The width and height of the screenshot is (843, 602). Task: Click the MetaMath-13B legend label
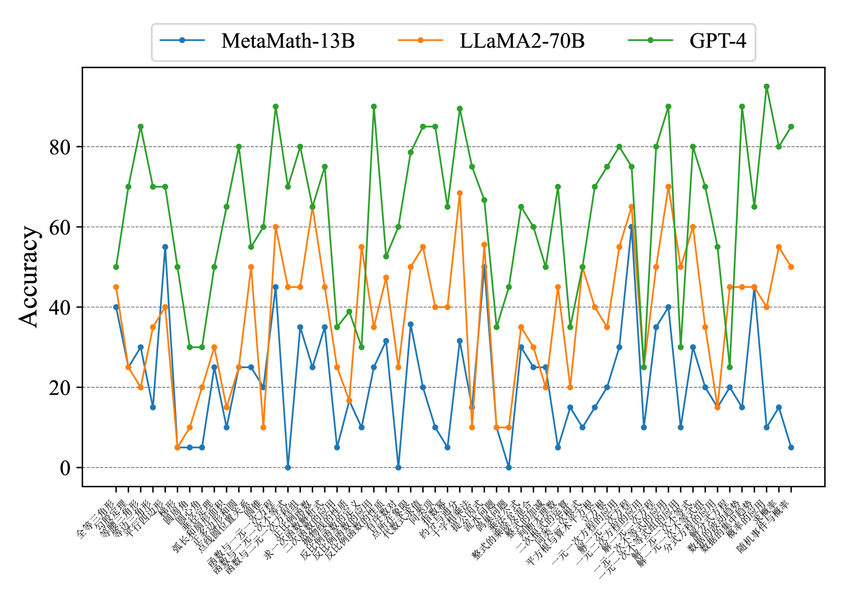coord(288,41)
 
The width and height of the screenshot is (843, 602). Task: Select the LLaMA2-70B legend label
coord(522,41)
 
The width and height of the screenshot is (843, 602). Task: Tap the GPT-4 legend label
coord(718,41)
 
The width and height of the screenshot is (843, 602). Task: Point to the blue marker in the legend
coord(182,41)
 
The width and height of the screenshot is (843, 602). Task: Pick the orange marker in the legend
coord(421,41)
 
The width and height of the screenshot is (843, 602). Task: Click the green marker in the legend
coord(651,41)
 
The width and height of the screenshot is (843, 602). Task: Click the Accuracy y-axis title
coord(28,276)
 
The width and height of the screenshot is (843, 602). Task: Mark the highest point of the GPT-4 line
coord(766,87)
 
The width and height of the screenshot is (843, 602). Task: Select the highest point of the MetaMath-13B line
coord(631,227)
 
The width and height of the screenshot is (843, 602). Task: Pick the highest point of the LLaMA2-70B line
coord(668,187)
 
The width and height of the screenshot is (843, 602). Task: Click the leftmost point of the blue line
coord(116,307)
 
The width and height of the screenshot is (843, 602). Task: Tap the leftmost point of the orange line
coord(116,287)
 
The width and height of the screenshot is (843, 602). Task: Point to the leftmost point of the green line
coord(116,267)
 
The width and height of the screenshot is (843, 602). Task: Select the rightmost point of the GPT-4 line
coord(791,127)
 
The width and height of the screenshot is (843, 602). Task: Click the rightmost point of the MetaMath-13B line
coord(791,448)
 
